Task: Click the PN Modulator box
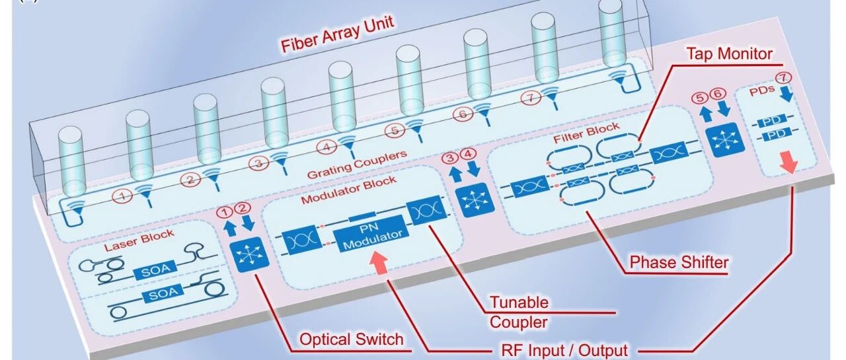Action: pyautogui.click(x=371, y=233)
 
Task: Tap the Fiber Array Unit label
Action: pyautogui.click(x=338, y=34)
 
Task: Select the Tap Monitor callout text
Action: pyautogui.click(x=729, y=54)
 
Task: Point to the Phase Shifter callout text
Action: pyautogui.click(x=679, y=262)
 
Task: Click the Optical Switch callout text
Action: pyautogui.click(x=351, y=339)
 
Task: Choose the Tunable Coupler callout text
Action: pyautogui.click(x=519, y=312)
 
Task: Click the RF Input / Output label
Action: pyautogui.click(x=564, y=350)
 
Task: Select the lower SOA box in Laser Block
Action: pyautogui.click(x=163, y=293)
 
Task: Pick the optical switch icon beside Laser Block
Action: pyautogui.click(x=249, y=254)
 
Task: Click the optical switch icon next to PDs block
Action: pyautogui.click(x=725, y=139)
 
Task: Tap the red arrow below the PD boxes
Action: pyautogui.click(x=788, y=162)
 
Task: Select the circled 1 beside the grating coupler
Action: pyautogui.click(x=122, y=196)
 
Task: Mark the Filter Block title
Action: pyautogui.click(x=586, y=133)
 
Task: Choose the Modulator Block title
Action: pyautogui.click(x=348, y=190)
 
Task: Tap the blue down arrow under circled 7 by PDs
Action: pyautogui.click(x=787, y=94)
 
